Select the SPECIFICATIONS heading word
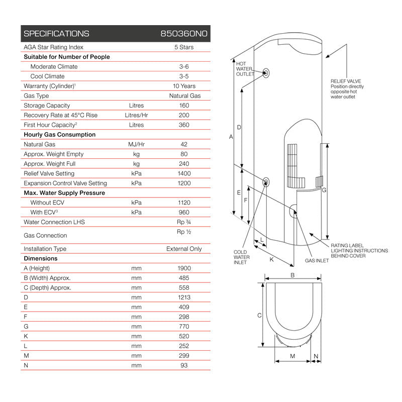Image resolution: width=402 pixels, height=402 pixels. pos(56,34)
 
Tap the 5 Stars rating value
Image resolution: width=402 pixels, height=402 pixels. pos(184,47)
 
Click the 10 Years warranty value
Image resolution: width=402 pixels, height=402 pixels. pos(184,86)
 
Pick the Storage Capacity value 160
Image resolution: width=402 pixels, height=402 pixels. pos(184,106)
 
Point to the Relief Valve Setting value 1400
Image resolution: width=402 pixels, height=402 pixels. pos(184,173)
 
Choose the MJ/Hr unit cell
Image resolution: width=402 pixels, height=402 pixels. pos(136,144)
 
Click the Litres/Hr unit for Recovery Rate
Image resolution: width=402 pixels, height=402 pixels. pos(136,115)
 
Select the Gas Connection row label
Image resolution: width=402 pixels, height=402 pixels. pos(45,235)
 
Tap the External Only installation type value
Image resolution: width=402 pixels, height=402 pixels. pos(184,249)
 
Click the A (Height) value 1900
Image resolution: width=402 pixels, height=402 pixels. pos(184,268)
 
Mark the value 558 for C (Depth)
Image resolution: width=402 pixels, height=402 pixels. pos(184,288)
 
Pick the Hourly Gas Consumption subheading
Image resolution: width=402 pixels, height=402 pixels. pos(59,135)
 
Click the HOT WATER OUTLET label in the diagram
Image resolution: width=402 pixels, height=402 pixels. pos(245,69)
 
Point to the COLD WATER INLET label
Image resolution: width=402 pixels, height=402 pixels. pos(242,257)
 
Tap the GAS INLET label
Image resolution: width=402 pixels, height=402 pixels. pos(317,261)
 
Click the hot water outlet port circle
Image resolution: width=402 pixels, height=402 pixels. pos(266,72)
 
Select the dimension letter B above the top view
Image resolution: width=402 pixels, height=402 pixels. pos(292,274)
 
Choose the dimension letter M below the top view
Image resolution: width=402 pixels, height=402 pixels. pos(292,356)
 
